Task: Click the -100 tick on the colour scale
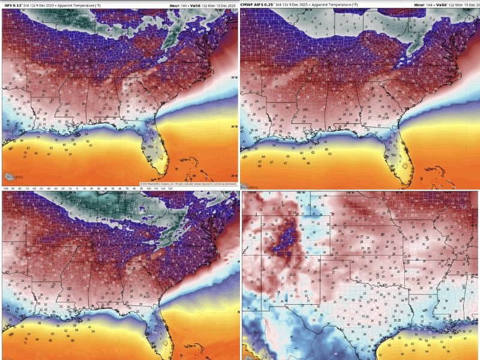tap(5, 187)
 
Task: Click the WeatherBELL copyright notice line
tap(186, 184)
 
